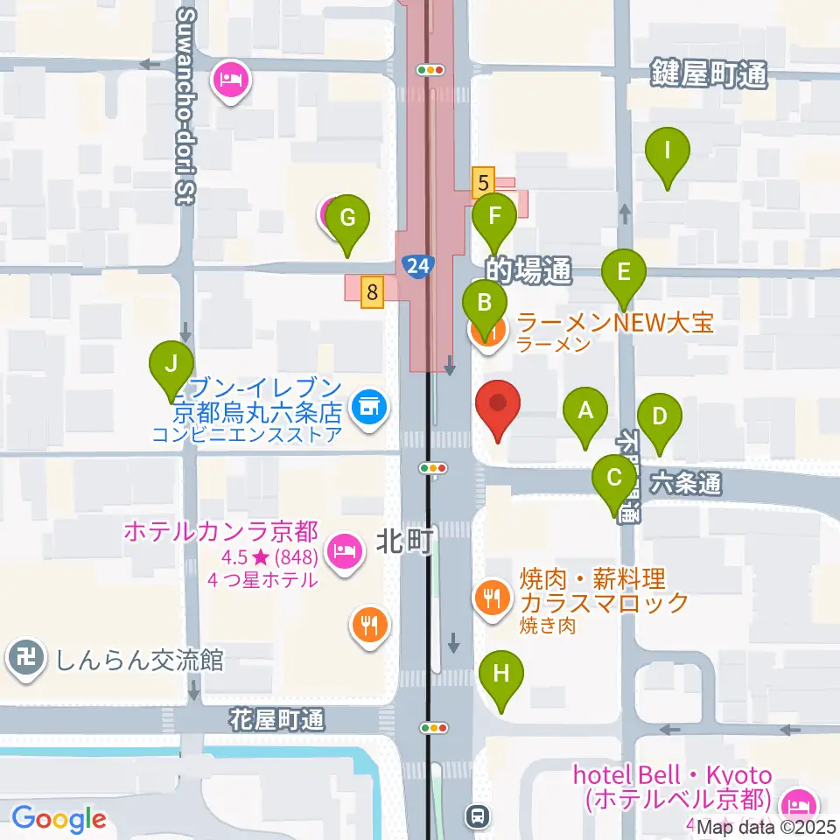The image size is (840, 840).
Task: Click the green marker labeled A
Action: coord(586,409)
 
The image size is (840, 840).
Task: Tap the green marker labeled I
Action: coord(667,150)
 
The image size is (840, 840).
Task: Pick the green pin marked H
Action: coord(501,674)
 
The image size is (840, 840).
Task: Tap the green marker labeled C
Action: coord(614,478)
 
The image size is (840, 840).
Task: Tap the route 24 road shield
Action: coord(418,265)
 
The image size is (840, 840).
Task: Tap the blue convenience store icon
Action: coord(368,407)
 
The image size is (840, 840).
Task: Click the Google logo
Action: coord(59,819)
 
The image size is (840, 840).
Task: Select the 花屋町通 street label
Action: coord(277,721)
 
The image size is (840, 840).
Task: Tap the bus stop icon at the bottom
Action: coord(478,815)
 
